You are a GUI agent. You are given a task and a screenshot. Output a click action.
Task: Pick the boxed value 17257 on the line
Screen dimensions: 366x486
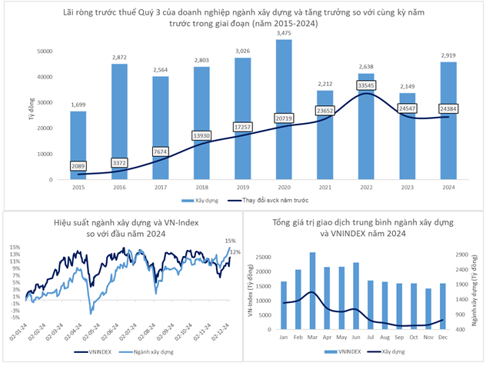pyautogui.click(x=243, y=125)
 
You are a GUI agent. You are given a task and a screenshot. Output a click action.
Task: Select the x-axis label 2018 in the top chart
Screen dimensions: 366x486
pyautogui.click(x=202, y=188)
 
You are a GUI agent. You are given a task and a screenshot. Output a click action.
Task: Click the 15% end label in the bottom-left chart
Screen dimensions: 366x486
pyautogui.click(x=229, y=241)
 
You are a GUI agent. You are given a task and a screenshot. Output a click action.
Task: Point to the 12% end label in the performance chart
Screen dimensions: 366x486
pyautogui.click(x=235, y=252)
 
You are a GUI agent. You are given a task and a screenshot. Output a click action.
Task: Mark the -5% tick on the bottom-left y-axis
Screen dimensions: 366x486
pyautogui.click(x=15, y=311)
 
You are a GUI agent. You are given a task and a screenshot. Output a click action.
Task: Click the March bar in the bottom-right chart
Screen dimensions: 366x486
pyautogui.click(x=312, y=291)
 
